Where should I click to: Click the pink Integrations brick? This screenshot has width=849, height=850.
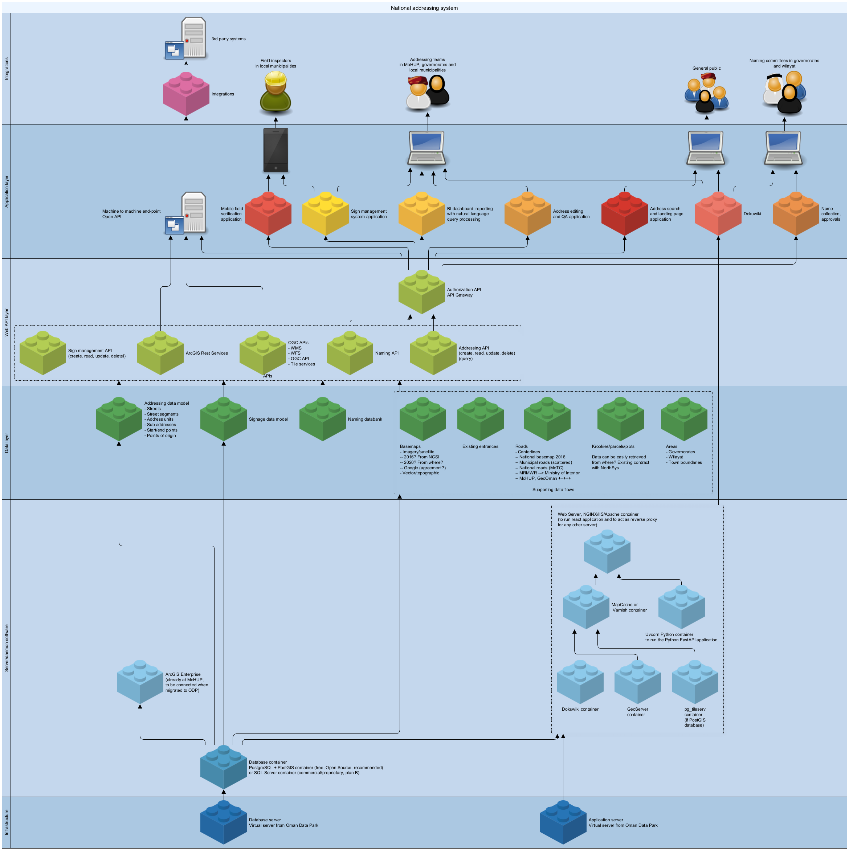click(186, 94)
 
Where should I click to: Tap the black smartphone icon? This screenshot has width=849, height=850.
click(276, 150)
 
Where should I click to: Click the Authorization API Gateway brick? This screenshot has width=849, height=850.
click(421, 292)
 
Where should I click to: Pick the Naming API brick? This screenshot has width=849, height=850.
click(350, 353)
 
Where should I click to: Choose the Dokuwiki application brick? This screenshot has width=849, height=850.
click(718, 214)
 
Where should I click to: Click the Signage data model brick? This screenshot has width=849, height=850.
click(224, 419)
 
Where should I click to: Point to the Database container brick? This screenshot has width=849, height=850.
click(224, 767)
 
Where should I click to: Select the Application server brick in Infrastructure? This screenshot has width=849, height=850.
click(563, 822)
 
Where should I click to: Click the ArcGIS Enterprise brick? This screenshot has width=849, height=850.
click(140, 682)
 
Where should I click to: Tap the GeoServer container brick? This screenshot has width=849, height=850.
click(637, 682)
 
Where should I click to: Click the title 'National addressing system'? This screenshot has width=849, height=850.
click(424, 8)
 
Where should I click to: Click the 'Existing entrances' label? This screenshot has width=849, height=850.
click(480, 446)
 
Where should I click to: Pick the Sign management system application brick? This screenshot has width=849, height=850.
click(326, 214)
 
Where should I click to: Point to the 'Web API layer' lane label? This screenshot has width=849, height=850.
click(7, 323)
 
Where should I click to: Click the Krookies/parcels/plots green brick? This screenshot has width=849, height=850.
click(620, 419)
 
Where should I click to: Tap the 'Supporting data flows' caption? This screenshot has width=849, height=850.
click(553, 490)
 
